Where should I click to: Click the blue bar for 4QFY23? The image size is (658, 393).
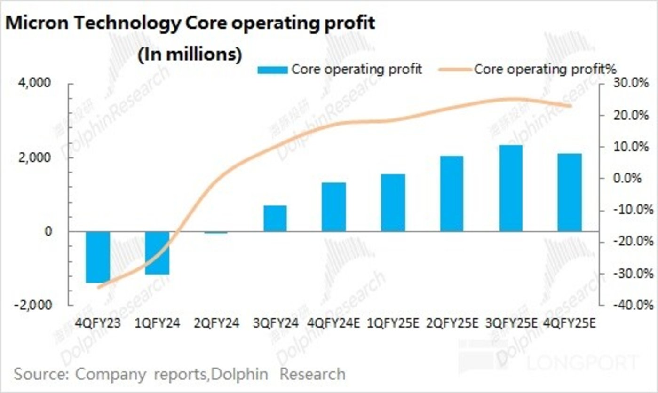(98, 257)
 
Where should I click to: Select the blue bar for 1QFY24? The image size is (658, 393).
(157, 253)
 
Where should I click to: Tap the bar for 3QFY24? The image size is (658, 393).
(275, 219)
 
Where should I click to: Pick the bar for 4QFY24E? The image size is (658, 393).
(334, 207)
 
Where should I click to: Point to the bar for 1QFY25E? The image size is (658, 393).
(393, 203)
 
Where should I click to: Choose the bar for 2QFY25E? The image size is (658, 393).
(452, 194)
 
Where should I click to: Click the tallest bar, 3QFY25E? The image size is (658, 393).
(511, 188)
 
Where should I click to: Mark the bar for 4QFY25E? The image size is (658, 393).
(570, 192)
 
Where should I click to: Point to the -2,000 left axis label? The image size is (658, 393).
(35, 305)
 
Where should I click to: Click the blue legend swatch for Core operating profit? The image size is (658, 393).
(272, 70)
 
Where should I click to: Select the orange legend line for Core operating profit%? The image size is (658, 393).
(454, 70)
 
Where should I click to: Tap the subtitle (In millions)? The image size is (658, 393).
(190, 55)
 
